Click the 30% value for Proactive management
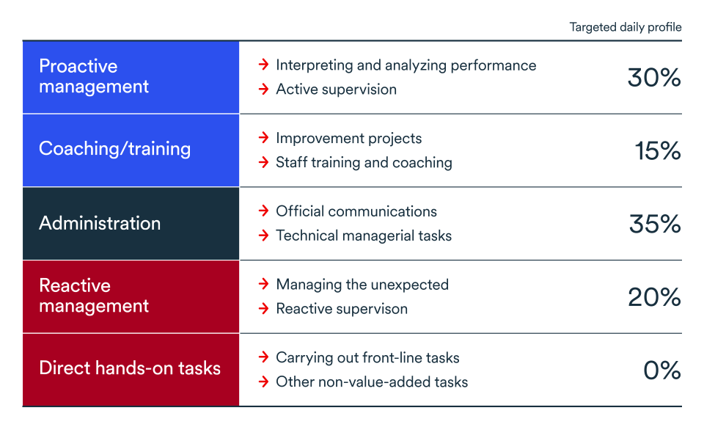654,78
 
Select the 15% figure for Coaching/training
658,151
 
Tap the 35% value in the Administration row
655,224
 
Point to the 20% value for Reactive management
654,297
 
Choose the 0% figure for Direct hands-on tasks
662,371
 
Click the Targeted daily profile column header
626,27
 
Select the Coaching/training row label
114,149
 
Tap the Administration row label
100,223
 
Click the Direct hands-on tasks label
130,368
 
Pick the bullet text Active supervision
336,90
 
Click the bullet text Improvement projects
348,138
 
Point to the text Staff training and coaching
364,162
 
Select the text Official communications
356,211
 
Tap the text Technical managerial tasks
364,236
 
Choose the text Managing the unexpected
362,285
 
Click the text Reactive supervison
341,309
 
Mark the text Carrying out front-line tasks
367,358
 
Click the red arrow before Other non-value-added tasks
263,382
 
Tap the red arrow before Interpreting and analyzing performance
263,65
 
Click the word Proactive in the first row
78,66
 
